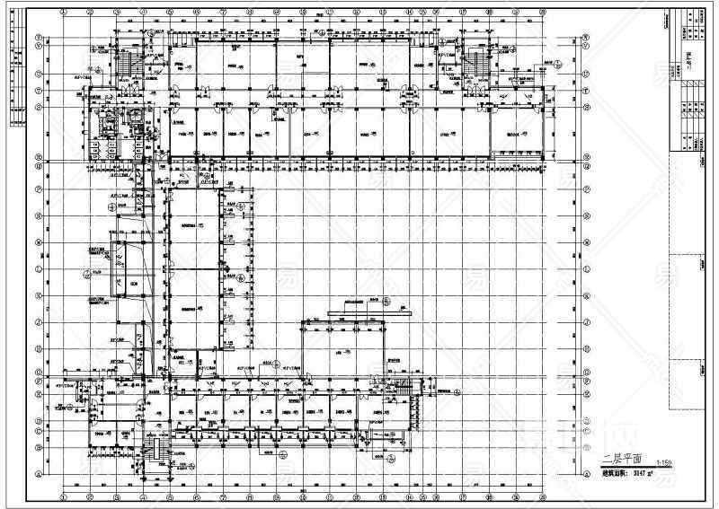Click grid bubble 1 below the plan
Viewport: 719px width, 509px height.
click(65, 496)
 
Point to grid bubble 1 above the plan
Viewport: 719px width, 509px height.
click(65, 13)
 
